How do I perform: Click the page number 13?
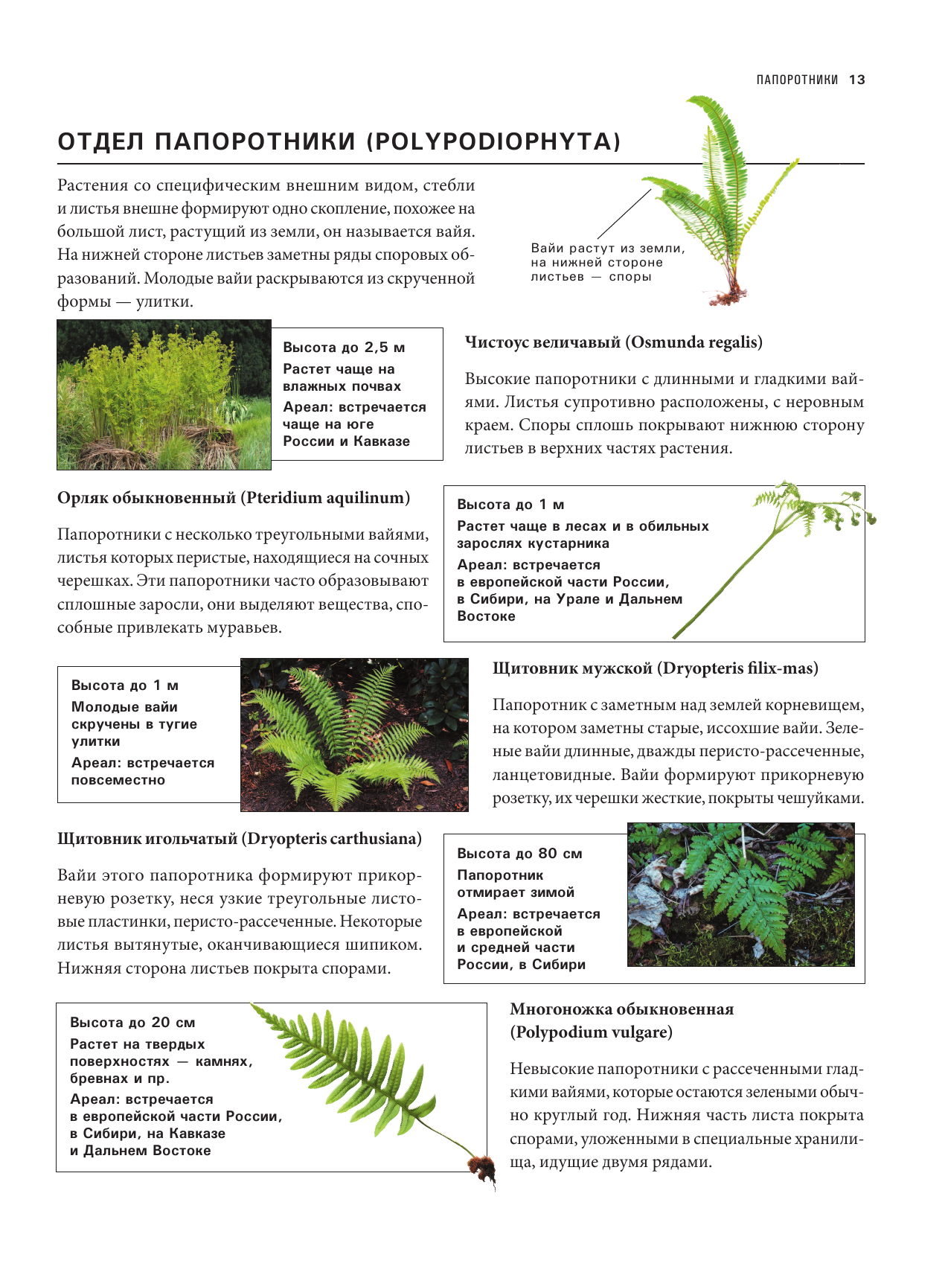tap(856, 80)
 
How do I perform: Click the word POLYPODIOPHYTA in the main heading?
tap(493, 141)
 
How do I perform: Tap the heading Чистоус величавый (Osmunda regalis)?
tap(614, 342)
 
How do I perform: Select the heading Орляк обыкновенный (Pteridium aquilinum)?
tap(234, 498)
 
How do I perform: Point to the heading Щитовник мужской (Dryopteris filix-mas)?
tap(656, 668)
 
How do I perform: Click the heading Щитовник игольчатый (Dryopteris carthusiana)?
tap(240, 839)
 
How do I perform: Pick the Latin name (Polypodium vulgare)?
tap(591, 1032)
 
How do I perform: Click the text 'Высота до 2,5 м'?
tap(344, 348)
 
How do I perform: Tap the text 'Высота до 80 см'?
tap(519, 854)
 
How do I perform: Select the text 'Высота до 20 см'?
tap(132, 1023)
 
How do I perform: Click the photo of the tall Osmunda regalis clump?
tap(164, 394)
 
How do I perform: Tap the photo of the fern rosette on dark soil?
tap(354, 735)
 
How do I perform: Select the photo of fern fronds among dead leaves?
tap(740, 894)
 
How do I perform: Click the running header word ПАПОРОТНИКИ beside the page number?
tap(797, 80)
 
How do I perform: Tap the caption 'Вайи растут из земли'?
tap(607, 249)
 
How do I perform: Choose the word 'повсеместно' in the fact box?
tap(118, 780)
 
